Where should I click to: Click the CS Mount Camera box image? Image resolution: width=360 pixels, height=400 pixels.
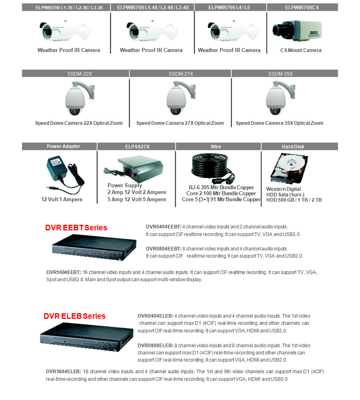(x=297, y=30)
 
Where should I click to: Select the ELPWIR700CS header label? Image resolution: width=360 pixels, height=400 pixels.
(x=302, y=7)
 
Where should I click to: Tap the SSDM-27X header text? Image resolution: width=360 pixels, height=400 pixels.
(x=181, y=74)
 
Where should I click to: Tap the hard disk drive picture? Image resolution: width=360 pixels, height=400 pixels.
(x=289, y=168)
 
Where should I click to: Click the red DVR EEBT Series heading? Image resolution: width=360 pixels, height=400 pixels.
(x=76, y=228)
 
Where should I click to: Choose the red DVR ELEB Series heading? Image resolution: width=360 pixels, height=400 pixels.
(x=74, y=316)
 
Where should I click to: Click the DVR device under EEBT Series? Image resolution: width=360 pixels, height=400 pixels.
(x=94, y=248)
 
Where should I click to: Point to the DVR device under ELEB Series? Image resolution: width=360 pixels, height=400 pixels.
(x=87, y=337)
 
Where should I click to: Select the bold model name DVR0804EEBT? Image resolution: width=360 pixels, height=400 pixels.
(x=164, y=249)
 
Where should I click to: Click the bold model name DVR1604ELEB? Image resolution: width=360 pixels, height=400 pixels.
(x=64, y=372)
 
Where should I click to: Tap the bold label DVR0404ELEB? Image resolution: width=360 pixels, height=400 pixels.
(x=155, y=316)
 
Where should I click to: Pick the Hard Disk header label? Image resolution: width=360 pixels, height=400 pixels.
(x=293, y=147)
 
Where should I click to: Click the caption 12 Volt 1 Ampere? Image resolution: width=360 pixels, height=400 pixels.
(x=62, y=200)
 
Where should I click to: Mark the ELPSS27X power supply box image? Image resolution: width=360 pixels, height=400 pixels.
(x=133, y=167)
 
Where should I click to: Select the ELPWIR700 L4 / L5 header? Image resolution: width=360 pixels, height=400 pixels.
(x=229, y=7)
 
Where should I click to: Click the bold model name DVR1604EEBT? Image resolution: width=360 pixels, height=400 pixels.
(x=64, y=272)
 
